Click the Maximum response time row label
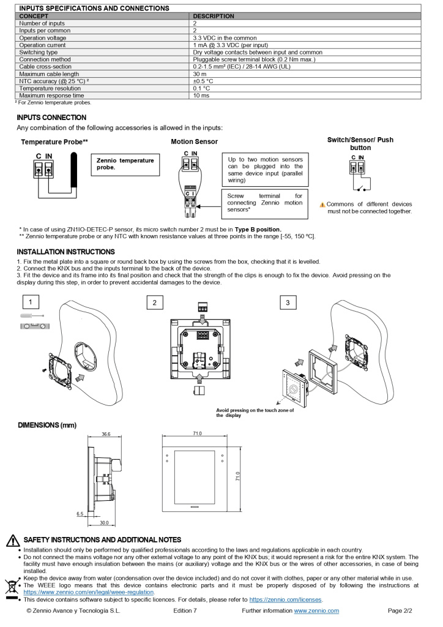tap(51, 96)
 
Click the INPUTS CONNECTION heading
tap(51, 117)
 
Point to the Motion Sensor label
tap(194, 141)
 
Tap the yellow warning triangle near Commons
tap(322, 204)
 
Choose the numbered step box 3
tap(287, 302)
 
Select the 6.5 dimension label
tap(80, 514)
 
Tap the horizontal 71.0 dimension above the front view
tap(197, 434)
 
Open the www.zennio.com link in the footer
tap(316, 610)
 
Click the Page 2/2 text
tap(400, 610)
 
